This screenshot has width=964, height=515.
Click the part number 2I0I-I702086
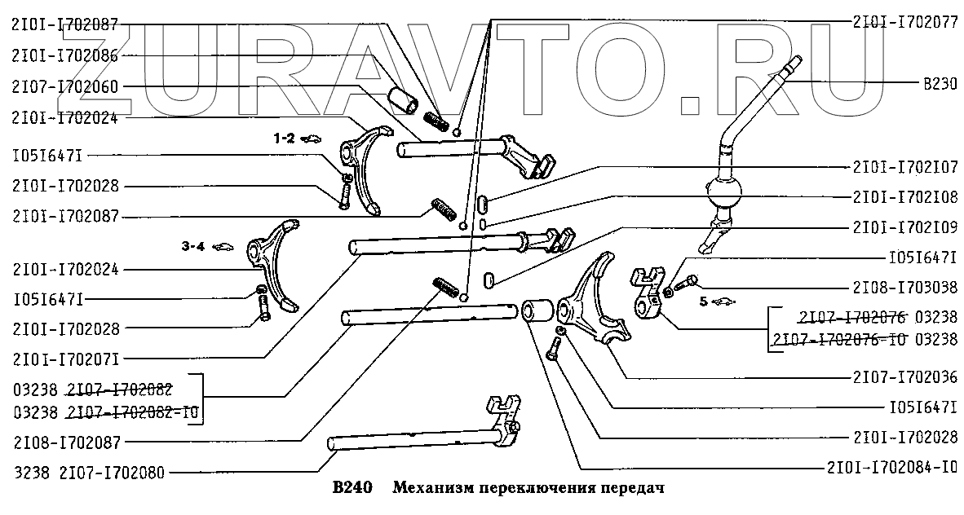[x=64, y=56]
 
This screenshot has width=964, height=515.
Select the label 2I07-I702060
[x=64, y=86]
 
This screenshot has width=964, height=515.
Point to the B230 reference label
[x=940, y=82]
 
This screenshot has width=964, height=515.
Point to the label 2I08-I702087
[x=64, y=442]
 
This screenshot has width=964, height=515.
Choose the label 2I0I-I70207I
[x=64, y=358]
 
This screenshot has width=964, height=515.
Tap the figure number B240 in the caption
[x=353, y=490]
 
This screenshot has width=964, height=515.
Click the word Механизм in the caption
[x=431, y=490]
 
